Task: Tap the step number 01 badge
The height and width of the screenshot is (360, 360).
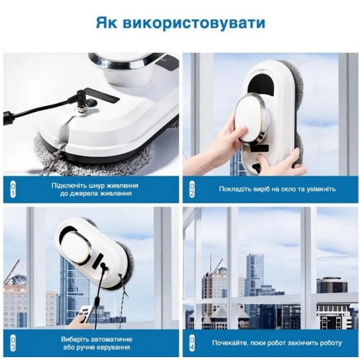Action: [x=13, y=190]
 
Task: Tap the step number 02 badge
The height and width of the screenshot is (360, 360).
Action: [x=192, y=190]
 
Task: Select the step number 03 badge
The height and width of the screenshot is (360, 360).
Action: [x=13, y=344]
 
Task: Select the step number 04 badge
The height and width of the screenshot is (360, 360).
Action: [x=192, y=344]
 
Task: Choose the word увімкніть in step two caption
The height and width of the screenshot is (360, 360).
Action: [x=321, y=189]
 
